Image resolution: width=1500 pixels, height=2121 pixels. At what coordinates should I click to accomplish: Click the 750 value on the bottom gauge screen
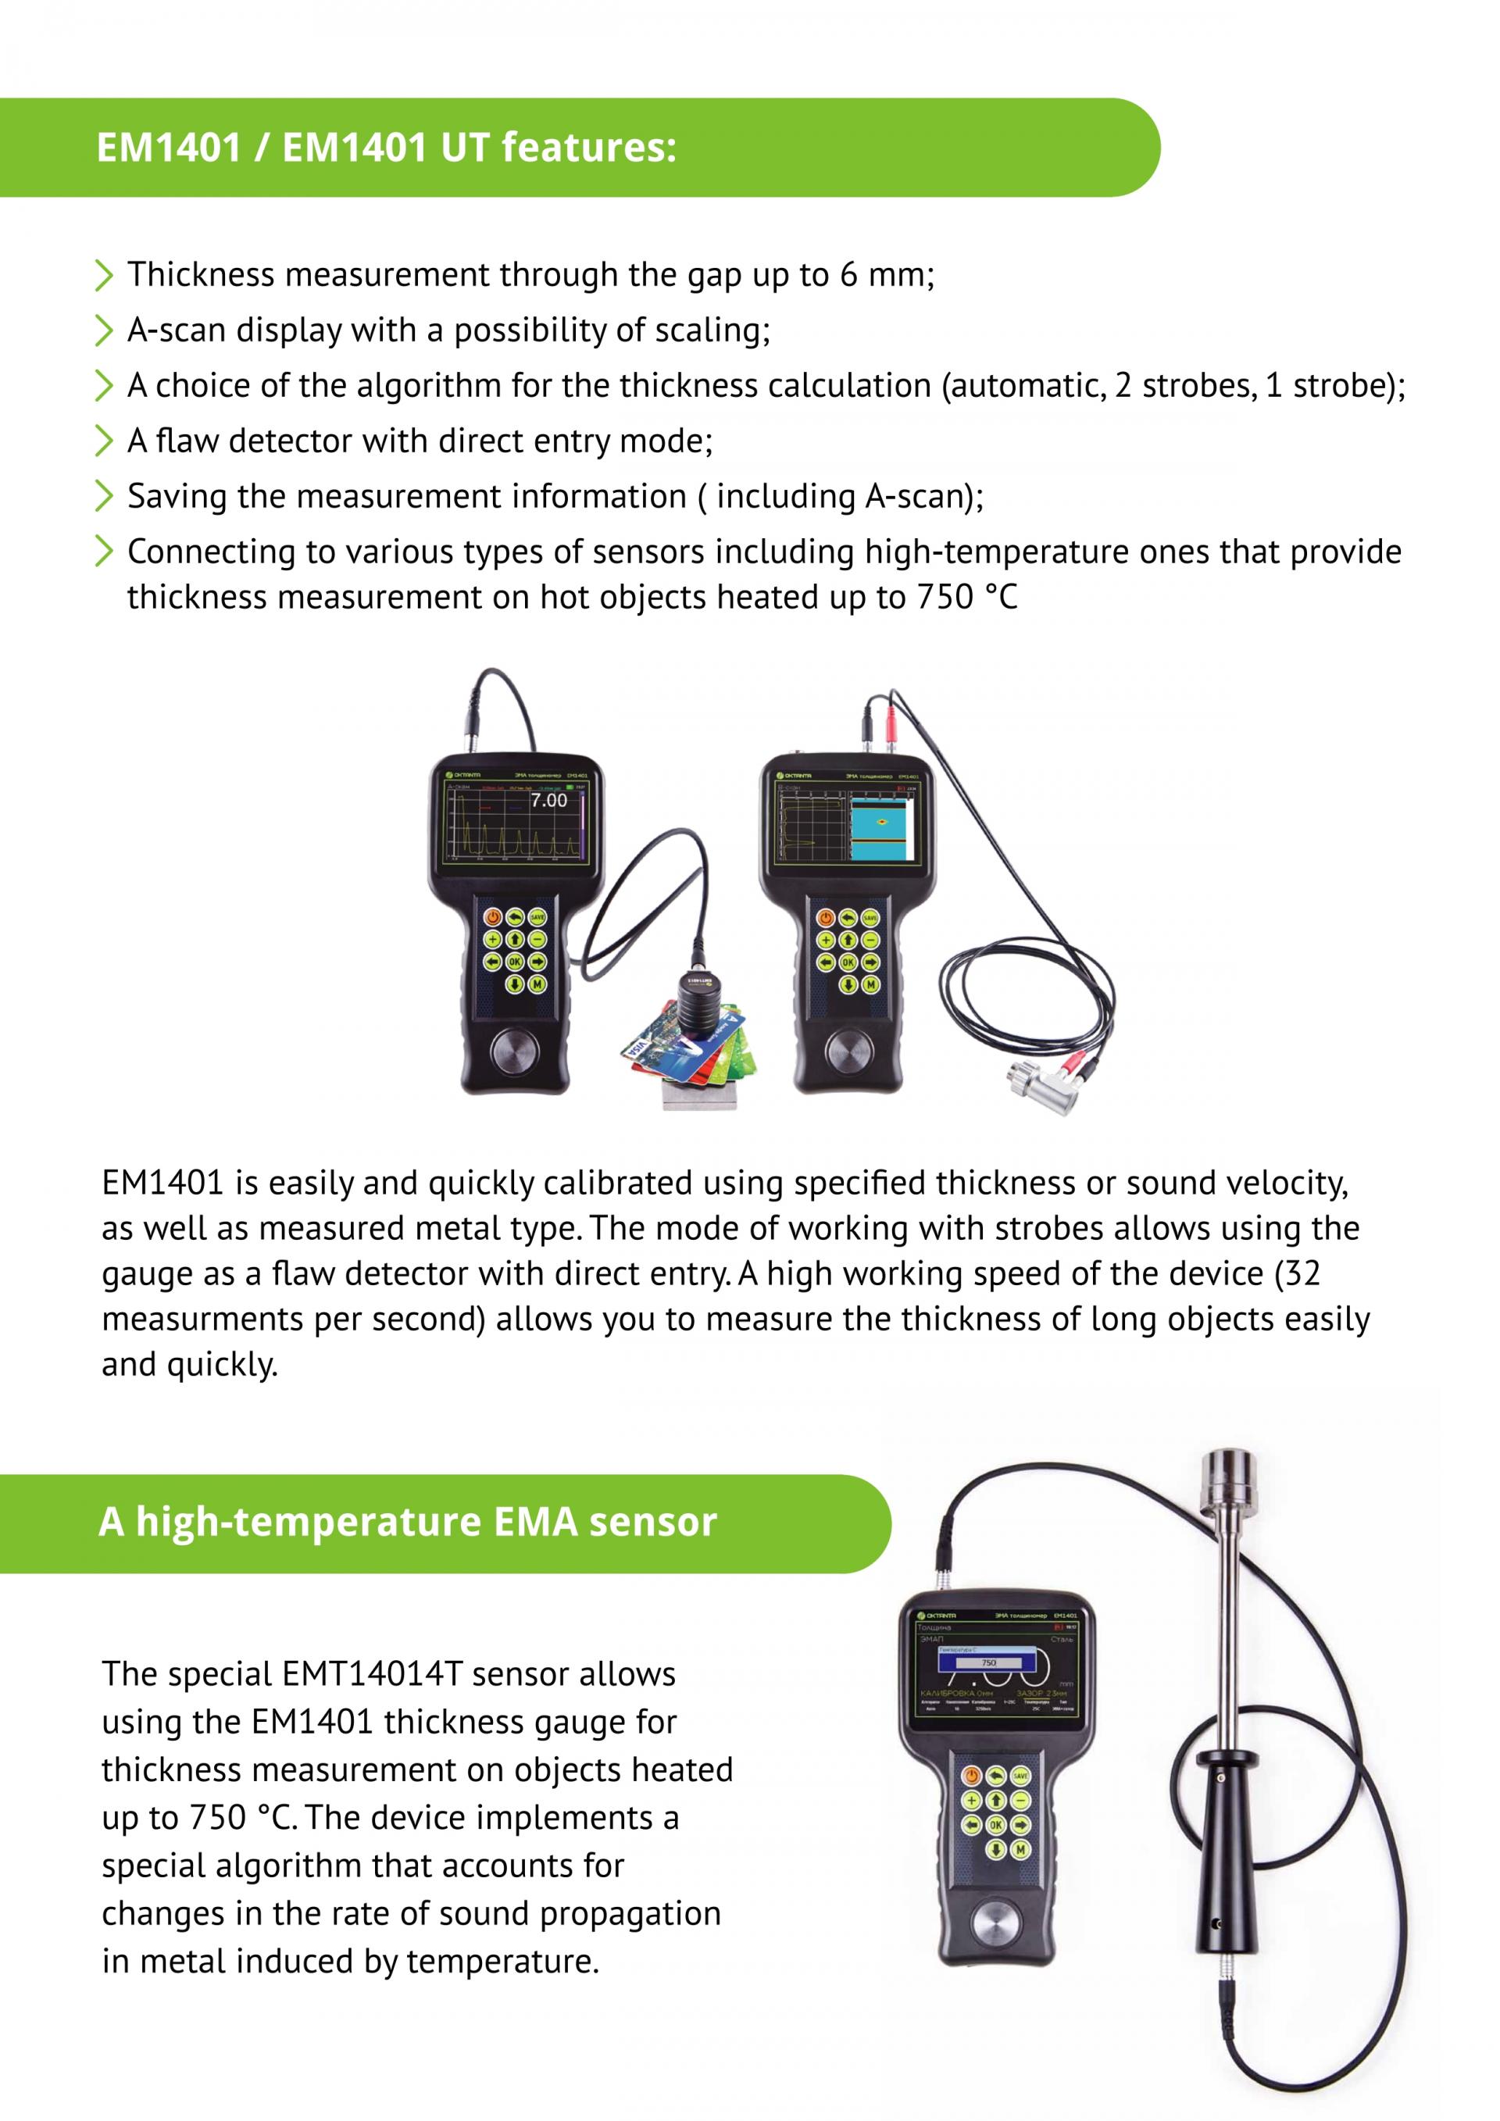coord(988,1662)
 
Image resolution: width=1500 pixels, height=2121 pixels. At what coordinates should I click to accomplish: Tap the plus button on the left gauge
coord(492,940)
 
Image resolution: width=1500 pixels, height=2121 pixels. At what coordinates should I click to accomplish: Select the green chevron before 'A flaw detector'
coord(103,441)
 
